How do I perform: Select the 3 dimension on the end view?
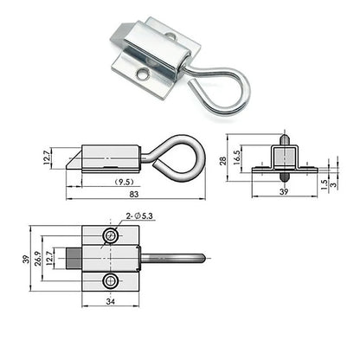click(x=333, y=185)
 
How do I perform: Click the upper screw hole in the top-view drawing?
click(x=109, y=236)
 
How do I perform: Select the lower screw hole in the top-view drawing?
click(x=109, y=281)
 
